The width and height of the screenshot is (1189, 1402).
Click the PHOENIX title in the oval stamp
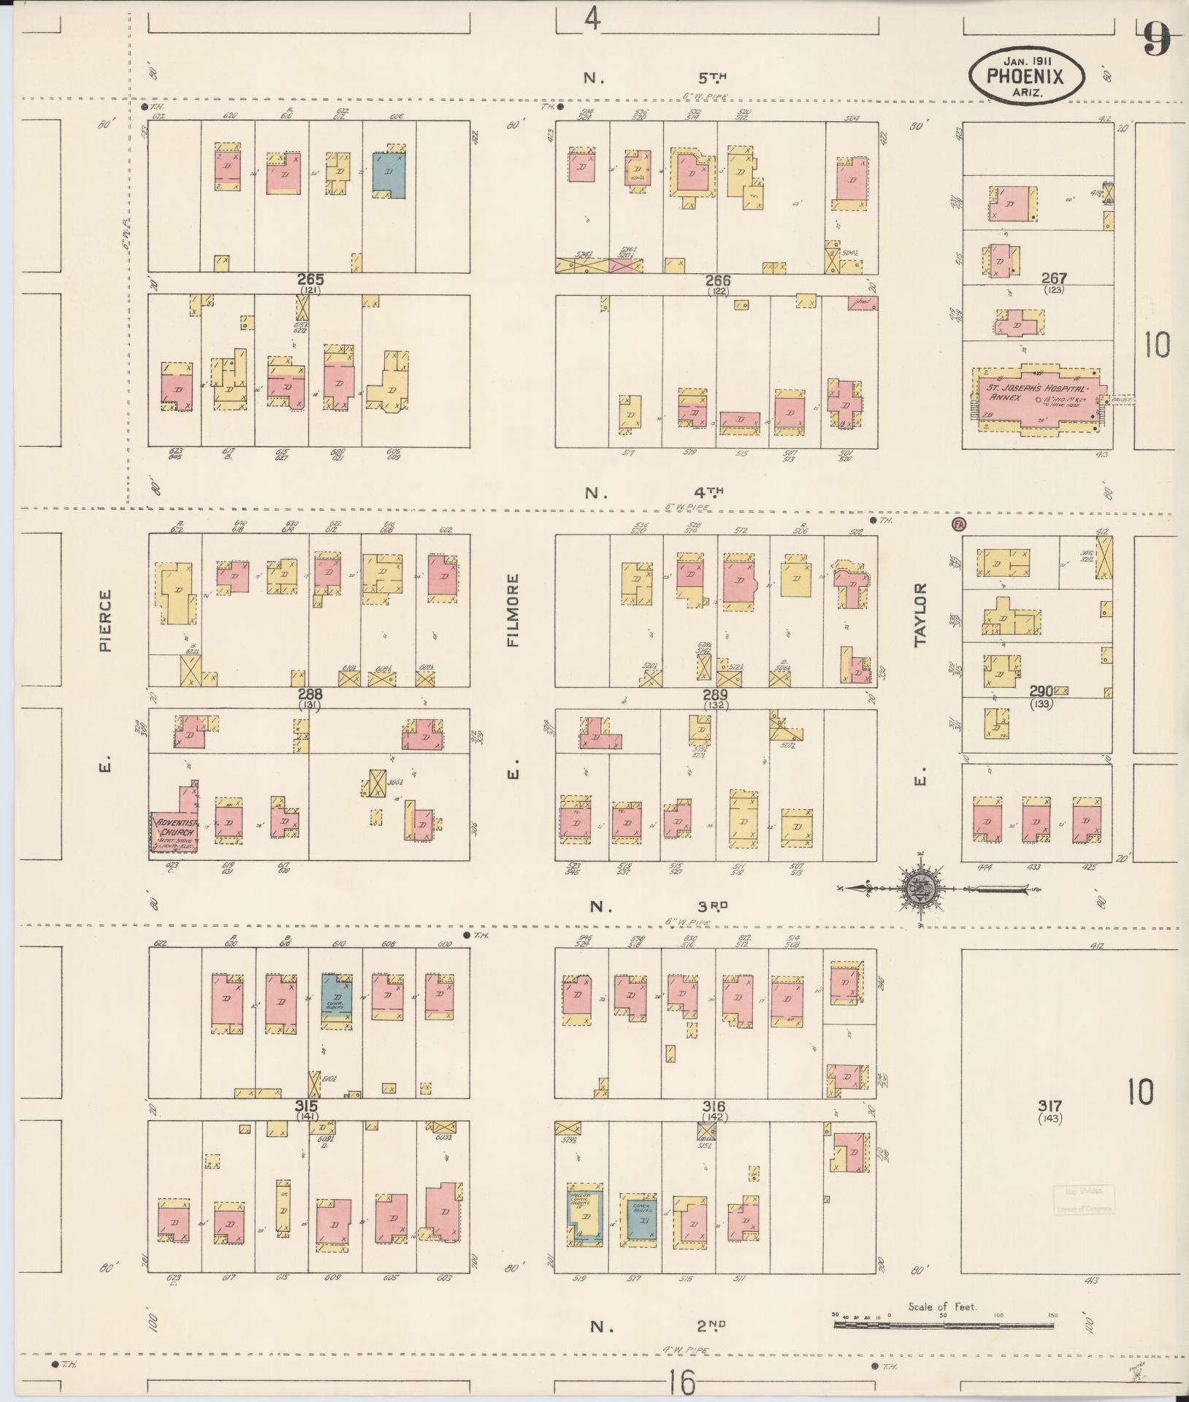tap(1025, 74)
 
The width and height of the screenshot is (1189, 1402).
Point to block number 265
tap(310, 280)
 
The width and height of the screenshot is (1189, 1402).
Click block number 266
tap(718, 280)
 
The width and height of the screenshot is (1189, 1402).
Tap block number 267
tap(1054, 278)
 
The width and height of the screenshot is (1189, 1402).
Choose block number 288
tap(310, 694)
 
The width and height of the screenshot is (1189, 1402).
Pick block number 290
tap(1041, 692)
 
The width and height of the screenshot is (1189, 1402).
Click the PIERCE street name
tap(107, 620)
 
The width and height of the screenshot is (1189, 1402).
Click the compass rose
tap(921, 889)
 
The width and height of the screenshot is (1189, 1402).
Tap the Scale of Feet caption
tap(942, 1307)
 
